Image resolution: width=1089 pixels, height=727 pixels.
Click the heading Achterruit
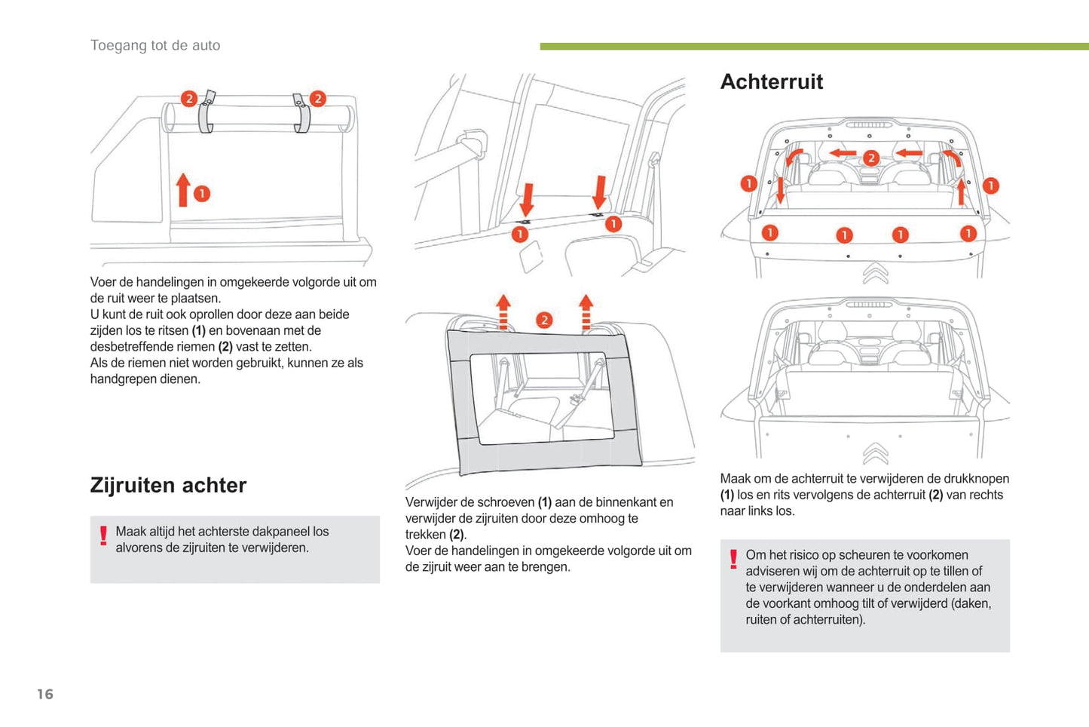pyautogui.click(x=771, y=81)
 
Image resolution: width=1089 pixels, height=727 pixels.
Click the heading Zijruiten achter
pyautogui.click(x=168, y=485)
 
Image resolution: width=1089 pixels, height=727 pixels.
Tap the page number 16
pyautogui.click(x=45, y=694)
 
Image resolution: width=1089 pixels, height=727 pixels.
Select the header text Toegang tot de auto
pyautogui.click(x=155, y=45)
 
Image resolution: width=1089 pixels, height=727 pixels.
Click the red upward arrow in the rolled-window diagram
pyautogui.click(x=182, y=189)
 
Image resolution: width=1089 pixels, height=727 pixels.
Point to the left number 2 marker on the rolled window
pyautogui.click(x=189, y=99)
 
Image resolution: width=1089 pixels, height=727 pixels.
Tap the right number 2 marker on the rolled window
pyautogui.click(x=318, y=99)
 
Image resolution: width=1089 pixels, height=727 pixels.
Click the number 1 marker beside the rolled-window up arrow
pyautogui.click(x=202, y=194)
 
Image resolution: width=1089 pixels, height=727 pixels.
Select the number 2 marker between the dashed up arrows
pyautogui.click(x=544, y=320)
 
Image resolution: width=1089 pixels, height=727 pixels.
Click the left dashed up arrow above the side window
pyautogui.click(x=503, y=312)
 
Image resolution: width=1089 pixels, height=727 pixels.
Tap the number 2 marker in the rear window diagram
pyautogui.click(x=871, y=158)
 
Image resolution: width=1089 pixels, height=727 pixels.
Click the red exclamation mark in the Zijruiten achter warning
pyautogui.click(x=103, y=535)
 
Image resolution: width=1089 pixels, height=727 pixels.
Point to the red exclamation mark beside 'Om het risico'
pyautogui.click(x=733, y=559)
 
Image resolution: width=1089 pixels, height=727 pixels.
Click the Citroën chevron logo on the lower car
pyautogui.click(x=875, y=452)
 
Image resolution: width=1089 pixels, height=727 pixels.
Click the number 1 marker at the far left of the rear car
pyautogui.click(x=748, y=184)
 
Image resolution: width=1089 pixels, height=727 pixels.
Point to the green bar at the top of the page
pyautogui.click(x=814, y=47)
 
